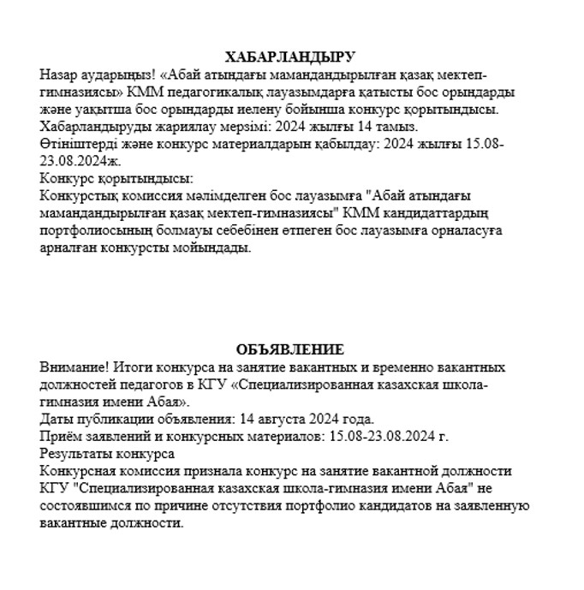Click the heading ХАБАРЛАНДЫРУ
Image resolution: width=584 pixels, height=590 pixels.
[289, 57]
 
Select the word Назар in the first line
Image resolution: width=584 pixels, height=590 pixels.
[58, 74]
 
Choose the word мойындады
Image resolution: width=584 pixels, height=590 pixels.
[218, 248]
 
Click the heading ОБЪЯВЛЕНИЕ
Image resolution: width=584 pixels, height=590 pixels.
[289, 349]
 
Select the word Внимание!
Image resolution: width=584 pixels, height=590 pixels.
[71, 367]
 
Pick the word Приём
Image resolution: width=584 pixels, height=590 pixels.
[59, 436]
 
